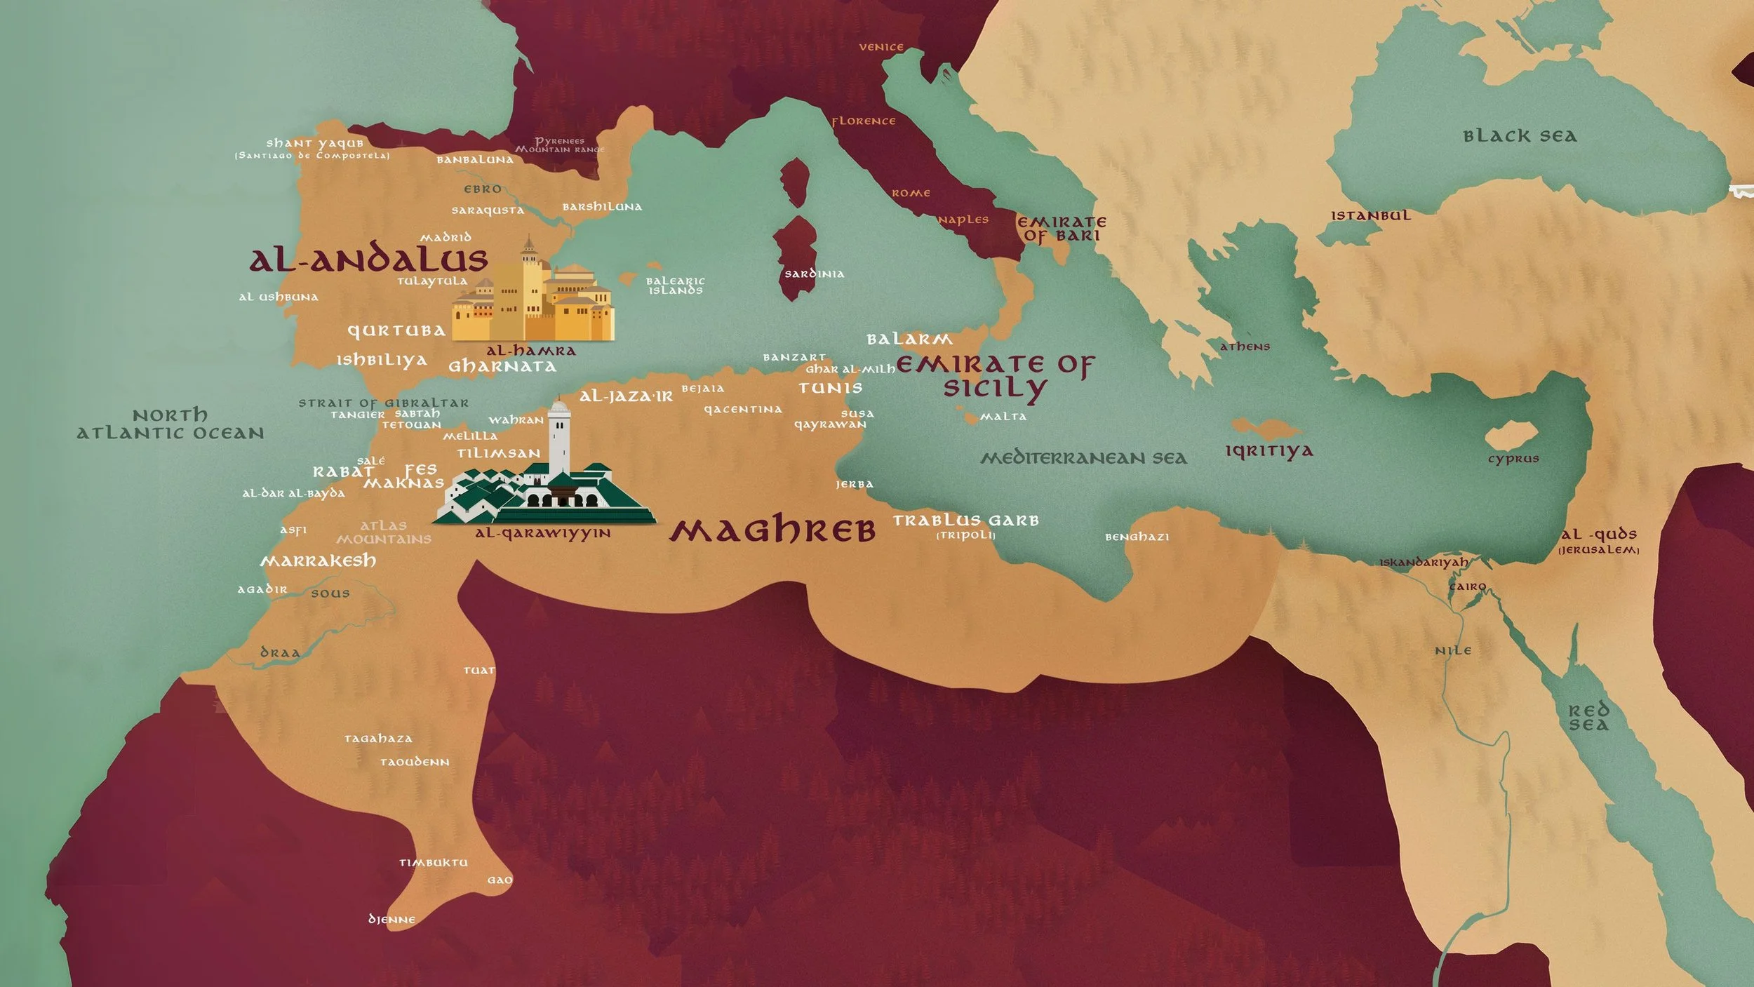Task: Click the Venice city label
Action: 881,47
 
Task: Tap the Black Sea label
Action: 1520,136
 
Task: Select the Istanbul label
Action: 1370,215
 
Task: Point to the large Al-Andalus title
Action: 368,260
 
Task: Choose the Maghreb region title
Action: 772,530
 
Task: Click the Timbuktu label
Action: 433,862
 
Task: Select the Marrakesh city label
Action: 318,560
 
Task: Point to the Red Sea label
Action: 1588,718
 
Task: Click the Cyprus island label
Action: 1513,459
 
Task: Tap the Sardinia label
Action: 814,274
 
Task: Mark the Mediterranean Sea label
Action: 1083,458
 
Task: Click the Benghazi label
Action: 1137,537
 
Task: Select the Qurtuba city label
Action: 396,330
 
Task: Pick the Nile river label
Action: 1453,650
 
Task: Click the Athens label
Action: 1245,347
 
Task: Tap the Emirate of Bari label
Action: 1062,229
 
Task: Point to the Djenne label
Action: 391,919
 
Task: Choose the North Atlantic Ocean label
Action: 170,424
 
